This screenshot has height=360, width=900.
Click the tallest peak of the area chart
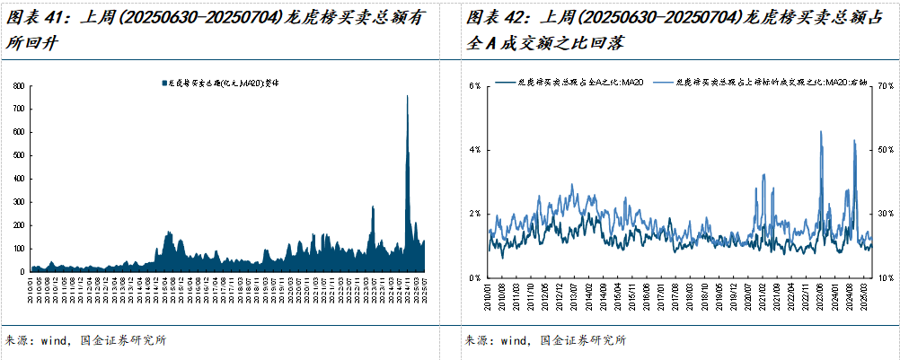click(408, 96)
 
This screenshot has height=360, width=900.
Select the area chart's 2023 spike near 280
click(373, 206)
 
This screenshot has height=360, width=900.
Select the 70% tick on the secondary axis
click(886, 85)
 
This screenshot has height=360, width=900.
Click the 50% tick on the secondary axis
click(886, 149)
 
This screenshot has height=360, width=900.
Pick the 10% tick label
click(886, 278)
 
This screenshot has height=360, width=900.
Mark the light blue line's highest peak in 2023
click(821, 131)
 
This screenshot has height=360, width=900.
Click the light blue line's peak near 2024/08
click(853, 141)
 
